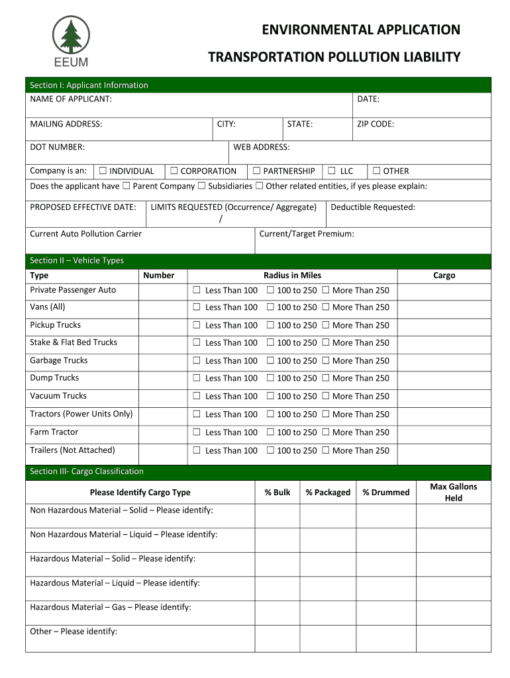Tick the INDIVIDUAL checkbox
pos(103,171)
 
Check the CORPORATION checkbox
pos(174,171)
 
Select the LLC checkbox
pos(332,171)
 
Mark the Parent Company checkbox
pos(127,186)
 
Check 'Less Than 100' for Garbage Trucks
pos(196,361)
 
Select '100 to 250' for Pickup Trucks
pos(270,325)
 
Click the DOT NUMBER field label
pos(57,147)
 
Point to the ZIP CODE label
pos(376,124)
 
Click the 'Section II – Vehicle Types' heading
pos(77,260)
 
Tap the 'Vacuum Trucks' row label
pos(58,396)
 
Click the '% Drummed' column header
pos(386,492)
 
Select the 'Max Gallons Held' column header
pos(454,492)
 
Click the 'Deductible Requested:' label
pos(373,207)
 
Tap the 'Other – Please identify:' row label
pos(74,631)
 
